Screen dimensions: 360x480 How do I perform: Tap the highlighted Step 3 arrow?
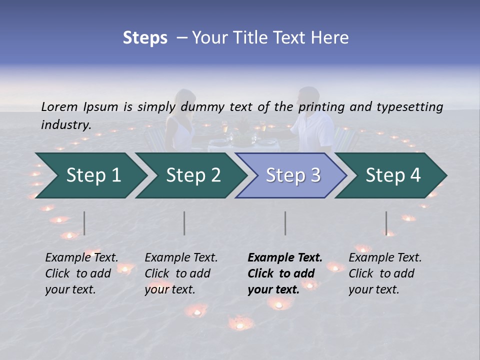tap(293, 175)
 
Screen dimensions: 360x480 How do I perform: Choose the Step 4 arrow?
tap(393, 175)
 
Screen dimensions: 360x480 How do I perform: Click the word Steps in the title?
tap(145, 38)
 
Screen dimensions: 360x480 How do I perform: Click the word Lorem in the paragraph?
tap(59, 106)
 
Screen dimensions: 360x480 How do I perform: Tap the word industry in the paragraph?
tap(65, 125)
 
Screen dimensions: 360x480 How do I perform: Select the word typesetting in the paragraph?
tap(409, 106)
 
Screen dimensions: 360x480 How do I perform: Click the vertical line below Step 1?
tap(84, 223)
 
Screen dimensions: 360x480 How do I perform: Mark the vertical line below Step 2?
tap(184, 223)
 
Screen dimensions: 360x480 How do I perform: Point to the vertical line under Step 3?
tap(285, 223)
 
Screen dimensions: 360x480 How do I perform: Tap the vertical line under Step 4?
tap(386, 223)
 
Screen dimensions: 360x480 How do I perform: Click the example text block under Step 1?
tap(81, 273)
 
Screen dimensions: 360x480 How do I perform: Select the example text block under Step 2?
tap(181, 273)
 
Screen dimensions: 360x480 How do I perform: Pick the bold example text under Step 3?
tap(285, 273)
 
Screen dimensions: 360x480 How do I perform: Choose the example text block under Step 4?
tap(385, 273)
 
